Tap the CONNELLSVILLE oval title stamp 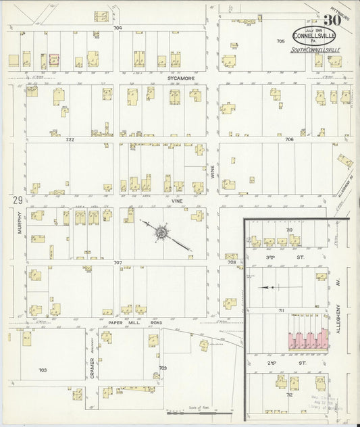311,36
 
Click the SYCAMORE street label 177,78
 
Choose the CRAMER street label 91,365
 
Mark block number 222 70,139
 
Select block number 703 43,370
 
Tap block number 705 280,42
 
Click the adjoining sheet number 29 15,200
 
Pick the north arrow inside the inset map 270,288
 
